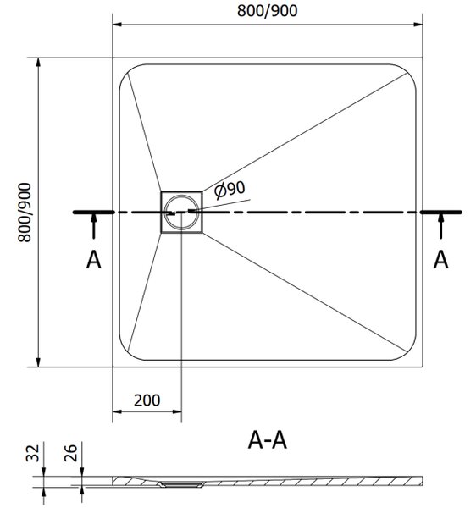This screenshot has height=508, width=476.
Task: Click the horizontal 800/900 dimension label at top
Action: point(268,11)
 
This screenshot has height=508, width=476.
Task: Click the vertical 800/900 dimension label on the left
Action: point(25,213)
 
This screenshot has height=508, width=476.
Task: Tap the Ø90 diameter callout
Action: point(230,190)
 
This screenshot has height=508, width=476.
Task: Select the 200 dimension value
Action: point(147,400)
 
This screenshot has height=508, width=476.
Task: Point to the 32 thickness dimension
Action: point(32,453)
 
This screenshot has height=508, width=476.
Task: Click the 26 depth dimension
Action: point(70,453)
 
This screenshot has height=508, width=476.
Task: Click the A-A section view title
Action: point(268,440)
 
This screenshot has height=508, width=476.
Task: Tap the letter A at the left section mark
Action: point(94,260)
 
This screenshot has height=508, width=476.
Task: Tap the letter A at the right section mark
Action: point(440,260)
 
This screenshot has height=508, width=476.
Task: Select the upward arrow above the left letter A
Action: point(94,226)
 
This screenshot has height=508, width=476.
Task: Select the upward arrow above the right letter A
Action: point(440,226)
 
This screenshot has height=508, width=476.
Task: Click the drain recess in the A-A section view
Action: point(181,484)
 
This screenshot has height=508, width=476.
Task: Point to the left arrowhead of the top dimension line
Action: point(117,25)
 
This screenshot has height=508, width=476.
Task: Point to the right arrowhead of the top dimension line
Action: point(418,25)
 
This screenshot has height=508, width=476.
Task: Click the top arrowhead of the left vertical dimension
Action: point(38,62)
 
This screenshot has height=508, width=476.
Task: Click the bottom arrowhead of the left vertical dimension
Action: point(38,362)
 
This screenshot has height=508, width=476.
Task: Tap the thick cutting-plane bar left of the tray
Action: point(94,213)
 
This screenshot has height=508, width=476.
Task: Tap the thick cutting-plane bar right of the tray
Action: point(441,213)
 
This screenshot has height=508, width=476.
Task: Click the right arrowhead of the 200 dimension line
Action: point(177,411)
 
